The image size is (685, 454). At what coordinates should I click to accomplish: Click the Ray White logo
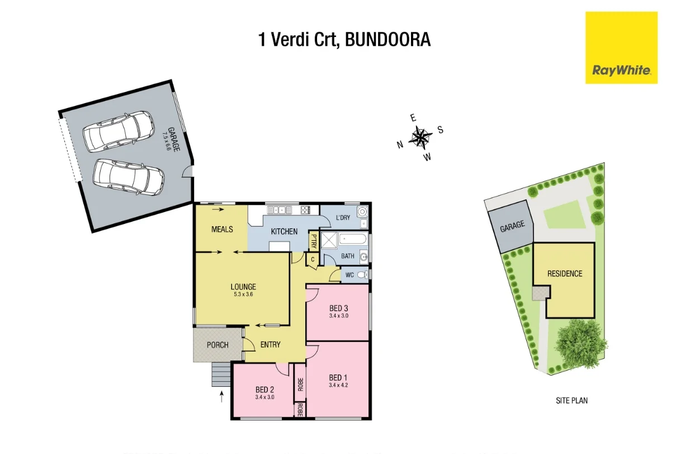[x=621, y=48]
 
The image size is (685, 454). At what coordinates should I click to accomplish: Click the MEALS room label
[x=222, y=230]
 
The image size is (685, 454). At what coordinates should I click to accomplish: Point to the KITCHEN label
[x=284, y=232]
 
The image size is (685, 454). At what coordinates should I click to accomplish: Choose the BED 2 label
[x=264, y=390]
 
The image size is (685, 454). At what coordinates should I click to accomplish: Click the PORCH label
[x=218, y=345]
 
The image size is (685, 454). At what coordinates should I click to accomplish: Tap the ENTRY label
[x=271, y=345]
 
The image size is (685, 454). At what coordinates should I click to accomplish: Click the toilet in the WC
[x=362, y=275]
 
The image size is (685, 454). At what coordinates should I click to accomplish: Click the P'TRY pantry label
[x=314, y=242]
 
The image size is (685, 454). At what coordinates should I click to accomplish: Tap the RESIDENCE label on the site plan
[x=565, y=274]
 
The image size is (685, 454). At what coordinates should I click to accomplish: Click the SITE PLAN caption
[x=571, y=400]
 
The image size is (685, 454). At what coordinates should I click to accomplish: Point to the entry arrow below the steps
[x=223, y=397]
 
